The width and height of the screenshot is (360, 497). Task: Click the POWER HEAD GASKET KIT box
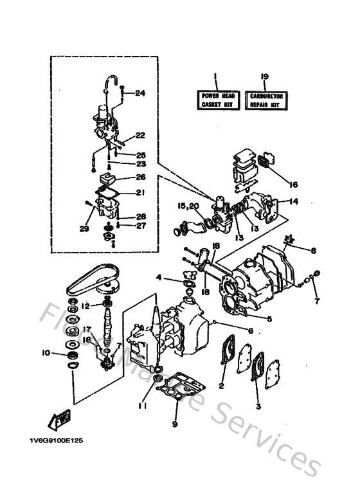(218, 100)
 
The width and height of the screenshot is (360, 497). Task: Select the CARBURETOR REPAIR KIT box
(265, 100)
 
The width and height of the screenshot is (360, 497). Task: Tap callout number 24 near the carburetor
(140, 93)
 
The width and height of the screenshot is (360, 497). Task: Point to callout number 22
(140, 135)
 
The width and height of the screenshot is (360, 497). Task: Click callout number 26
(140, 177)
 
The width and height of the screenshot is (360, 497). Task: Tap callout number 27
(140, 226)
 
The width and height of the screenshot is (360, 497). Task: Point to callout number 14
(294, 202)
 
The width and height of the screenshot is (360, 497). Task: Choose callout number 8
(313, 251)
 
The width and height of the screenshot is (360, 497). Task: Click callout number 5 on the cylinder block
(268, 318)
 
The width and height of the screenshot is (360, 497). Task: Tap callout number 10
(45, 352)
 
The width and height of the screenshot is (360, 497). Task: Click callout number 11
(142, 406)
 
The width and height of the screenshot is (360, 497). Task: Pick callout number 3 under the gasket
(258, 406)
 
